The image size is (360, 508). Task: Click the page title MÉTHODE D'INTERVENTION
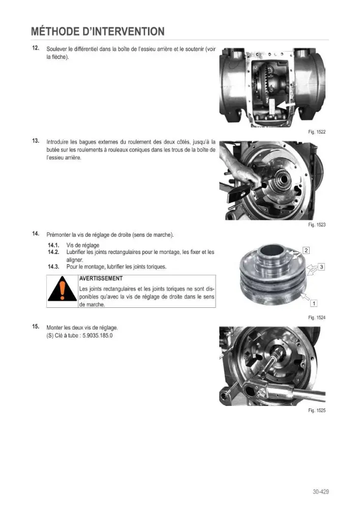(98, 31)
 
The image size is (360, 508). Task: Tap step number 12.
(36, 48)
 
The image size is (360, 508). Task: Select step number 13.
(36, 141)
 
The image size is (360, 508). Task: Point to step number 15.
(36, 327)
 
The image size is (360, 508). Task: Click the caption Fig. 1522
(317, 132)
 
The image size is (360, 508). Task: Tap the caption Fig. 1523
(317, 225)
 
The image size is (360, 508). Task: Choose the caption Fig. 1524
(317, 317)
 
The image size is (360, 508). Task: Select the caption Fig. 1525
(317, 410)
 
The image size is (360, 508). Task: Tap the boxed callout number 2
(306, 250)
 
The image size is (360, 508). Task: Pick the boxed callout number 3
(321, 267)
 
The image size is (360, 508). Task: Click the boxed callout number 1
(314, 304)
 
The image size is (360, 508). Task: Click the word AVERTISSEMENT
(101, 278)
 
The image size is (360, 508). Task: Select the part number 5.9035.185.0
(97, 336)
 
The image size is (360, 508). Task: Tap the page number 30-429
(321, 491)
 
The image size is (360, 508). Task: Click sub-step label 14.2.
(53, 252)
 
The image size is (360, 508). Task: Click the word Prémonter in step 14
(58, 235)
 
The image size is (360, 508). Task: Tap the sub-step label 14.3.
(53, 267)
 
